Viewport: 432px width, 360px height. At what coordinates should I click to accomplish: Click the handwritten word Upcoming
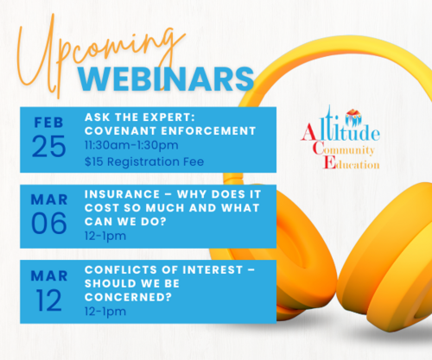click(x=98, y=54)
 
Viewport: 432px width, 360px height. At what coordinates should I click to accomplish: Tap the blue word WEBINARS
click(x=166, y=79)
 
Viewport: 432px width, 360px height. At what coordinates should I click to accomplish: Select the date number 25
click(x=48, y=147)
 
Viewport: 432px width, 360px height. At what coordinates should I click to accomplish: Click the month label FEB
click(x=48, y=123)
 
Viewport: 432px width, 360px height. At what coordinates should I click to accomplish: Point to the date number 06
click(x=48, y=223)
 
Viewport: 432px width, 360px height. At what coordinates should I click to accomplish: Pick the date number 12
click(x=48, y=300)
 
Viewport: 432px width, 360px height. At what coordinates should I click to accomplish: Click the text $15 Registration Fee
click(x=144, y=161)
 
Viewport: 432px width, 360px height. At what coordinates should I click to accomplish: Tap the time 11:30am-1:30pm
click(x=131, y=145)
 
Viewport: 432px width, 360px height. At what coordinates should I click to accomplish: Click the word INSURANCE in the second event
click(x=122, y=194)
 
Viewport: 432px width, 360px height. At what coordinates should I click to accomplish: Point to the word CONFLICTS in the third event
click(x=121, y=270)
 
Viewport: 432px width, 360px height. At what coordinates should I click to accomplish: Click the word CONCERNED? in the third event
click(x=128, y=297)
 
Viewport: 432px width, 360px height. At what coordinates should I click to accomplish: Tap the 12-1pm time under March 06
click(x=105, y=237)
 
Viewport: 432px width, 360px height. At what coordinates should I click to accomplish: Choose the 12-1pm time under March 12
click(x=105, y=312)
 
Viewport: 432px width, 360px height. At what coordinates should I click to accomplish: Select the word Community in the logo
click(x=343, y=149)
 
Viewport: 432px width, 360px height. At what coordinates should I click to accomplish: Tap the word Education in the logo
click(x=352, y=163)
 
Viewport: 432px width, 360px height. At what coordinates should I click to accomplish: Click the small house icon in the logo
click(x=353, y=113)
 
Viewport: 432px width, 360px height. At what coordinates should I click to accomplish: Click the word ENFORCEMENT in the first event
click(x=208, y=131)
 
